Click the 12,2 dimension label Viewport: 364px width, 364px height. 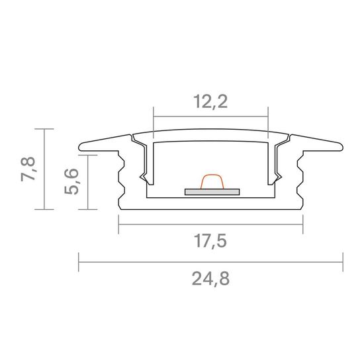click(x=210, y=101)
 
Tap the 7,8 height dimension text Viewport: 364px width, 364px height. click(x=28, y=169)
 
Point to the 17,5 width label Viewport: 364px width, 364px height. click(x=210, y=241)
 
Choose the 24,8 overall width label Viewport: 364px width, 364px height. click(x=210, y=279)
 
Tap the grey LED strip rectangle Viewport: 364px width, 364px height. click(x=212, y=192)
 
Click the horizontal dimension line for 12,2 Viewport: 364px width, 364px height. click(x=210, y=116)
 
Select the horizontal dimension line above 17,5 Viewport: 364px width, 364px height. click(x=210, y=224)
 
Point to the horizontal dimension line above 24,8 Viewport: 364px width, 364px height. click(x=210, y=262)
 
